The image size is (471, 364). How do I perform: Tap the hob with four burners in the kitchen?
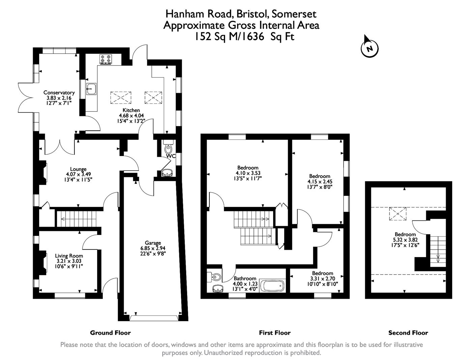pos(105,59)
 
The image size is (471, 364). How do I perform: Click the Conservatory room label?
pos(59,93)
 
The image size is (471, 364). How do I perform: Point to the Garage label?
pos(153,243)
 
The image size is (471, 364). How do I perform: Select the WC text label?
pos(171,156)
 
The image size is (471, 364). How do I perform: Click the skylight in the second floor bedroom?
pos(398,214)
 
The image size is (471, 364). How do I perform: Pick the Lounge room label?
pos(78,169)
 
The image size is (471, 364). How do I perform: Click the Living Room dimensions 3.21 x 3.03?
pos(69,261)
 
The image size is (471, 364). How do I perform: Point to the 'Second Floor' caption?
pos(408,333)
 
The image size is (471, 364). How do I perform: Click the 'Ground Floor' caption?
pos(110,333)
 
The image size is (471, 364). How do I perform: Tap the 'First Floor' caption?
pos(274,333)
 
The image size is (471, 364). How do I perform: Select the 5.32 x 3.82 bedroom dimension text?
pos(405,240)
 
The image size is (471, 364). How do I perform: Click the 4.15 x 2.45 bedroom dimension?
pos(320,181)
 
